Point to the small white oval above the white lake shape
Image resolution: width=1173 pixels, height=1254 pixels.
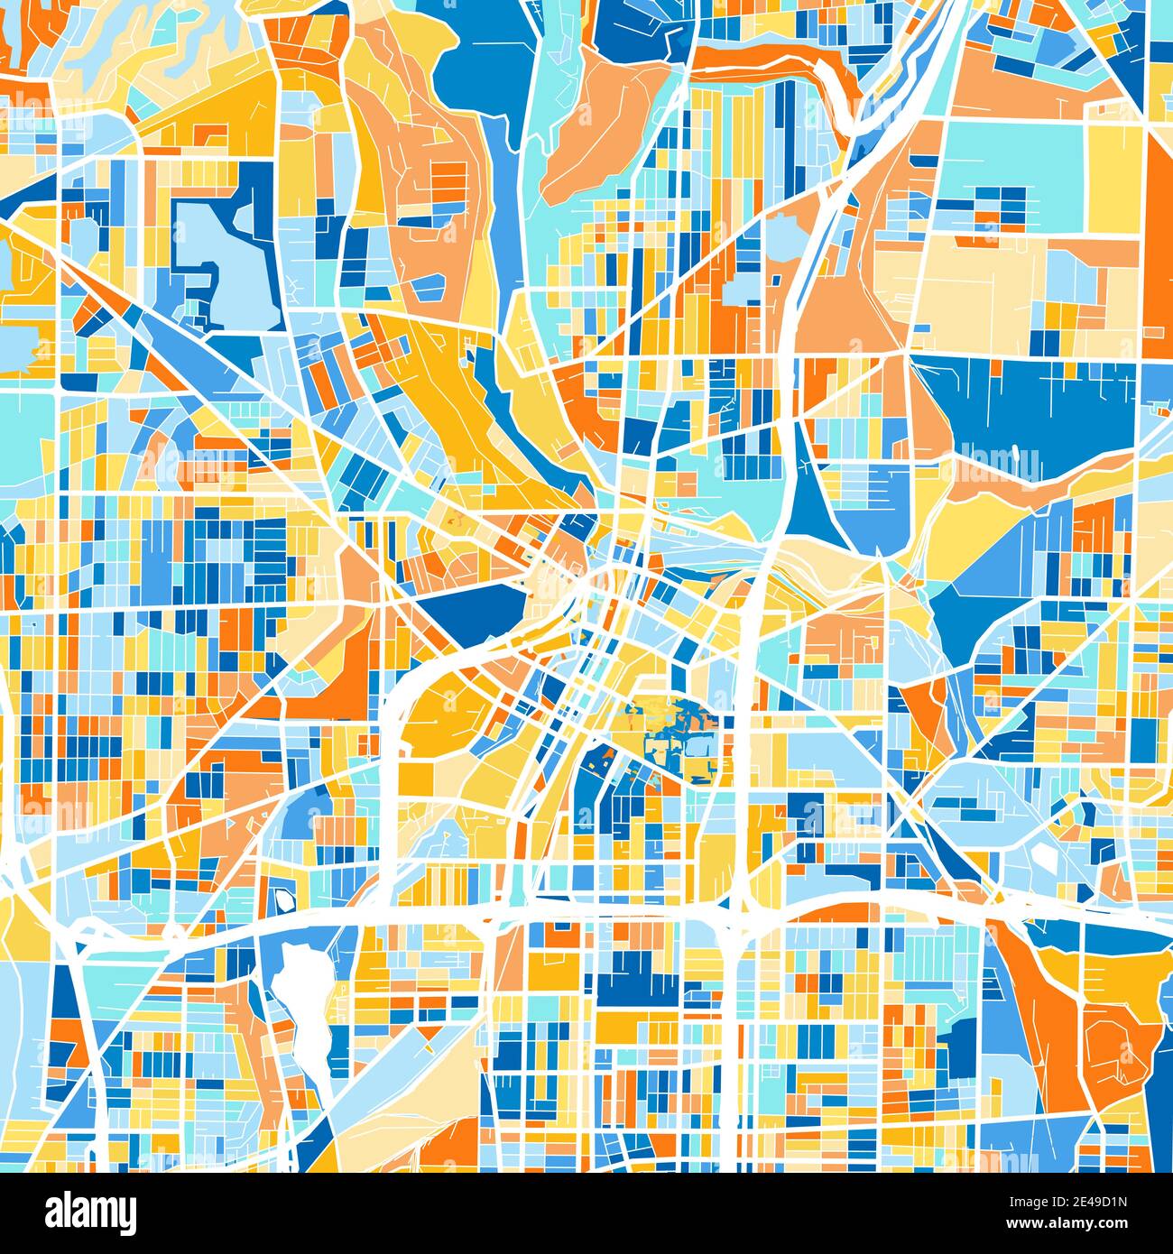pyautogui.click(x=286, y=899)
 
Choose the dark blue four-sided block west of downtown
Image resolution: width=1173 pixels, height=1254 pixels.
pyautogui.click(x=469, y=609)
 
